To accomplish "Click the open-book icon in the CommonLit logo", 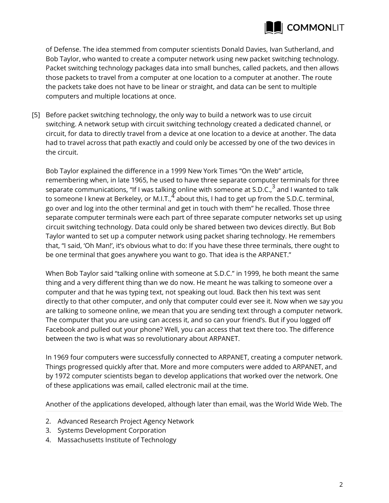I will point(273,27).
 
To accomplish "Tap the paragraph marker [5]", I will point(36,115).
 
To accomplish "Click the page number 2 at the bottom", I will point(341,484).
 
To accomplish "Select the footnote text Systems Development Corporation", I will point(112,430).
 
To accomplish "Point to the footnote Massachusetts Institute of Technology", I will point(117,440).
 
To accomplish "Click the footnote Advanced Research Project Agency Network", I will point(126,421).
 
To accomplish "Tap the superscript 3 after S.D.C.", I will point(273,187).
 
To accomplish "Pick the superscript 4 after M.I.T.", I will point(173,196).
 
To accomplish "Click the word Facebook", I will point(60,329).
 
